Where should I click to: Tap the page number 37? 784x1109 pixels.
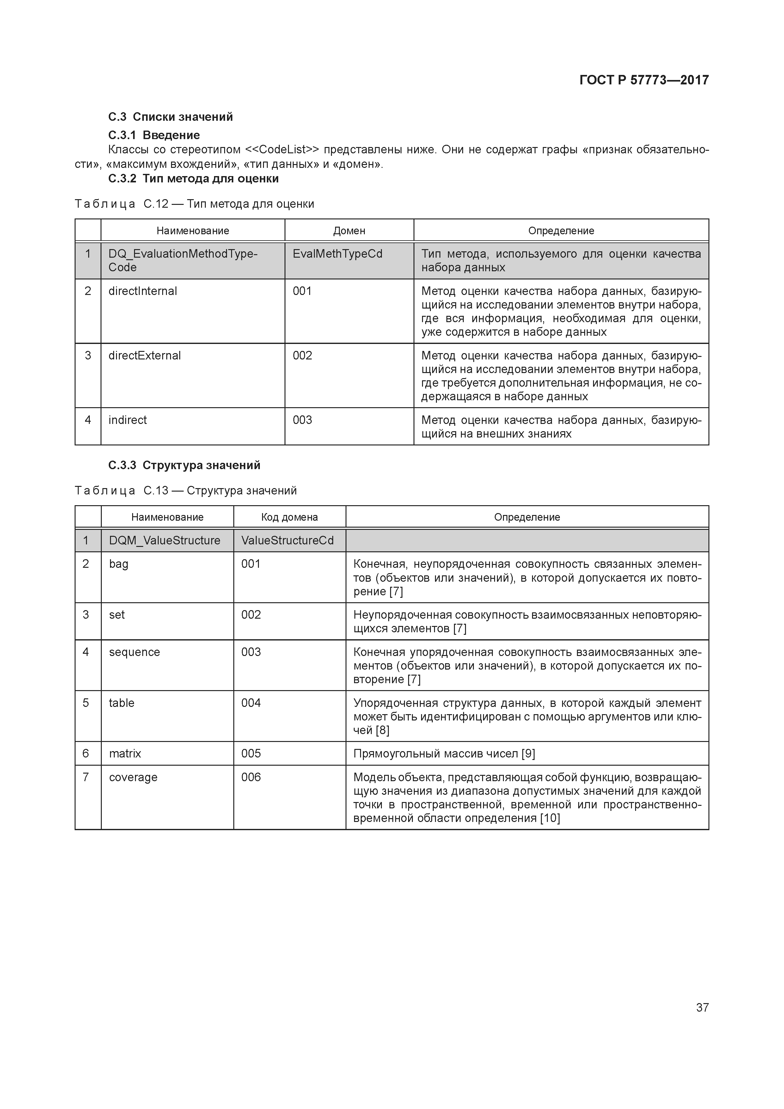tap(702, 1007)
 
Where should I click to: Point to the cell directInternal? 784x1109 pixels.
tap(143, 291)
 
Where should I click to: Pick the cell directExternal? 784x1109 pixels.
tap(144, 356)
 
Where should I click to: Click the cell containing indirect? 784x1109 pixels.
tap(127, 420)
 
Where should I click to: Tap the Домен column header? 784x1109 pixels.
tap(349, 230)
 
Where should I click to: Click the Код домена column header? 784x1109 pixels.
tap(289, 517)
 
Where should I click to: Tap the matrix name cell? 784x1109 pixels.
tap(125, 753)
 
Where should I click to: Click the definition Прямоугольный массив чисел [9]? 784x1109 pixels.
tap(444, 753)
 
